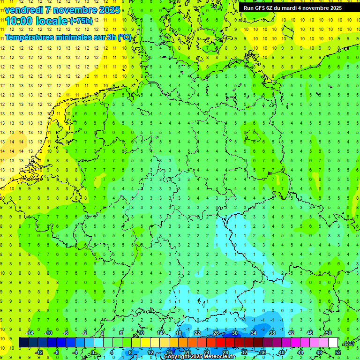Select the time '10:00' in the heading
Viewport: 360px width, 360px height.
tap(19, 21)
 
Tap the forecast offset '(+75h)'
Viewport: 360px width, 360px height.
tap(81, 21)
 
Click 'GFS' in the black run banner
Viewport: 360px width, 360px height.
tap(260, 8)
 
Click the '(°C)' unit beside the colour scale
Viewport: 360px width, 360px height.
tap(348, 343)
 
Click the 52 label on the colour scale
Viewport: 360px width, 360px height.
tap(337, 352)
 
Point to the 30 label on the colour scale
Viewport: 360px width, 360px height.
tap(235, 333)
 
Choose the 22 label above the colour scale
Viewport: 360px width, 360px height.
tap(197, 333)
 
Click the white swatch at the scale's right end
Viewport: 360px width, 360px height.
tap(333, 343)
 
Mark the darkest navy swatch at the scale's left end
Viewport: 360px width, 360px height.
tap(23, 343)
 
